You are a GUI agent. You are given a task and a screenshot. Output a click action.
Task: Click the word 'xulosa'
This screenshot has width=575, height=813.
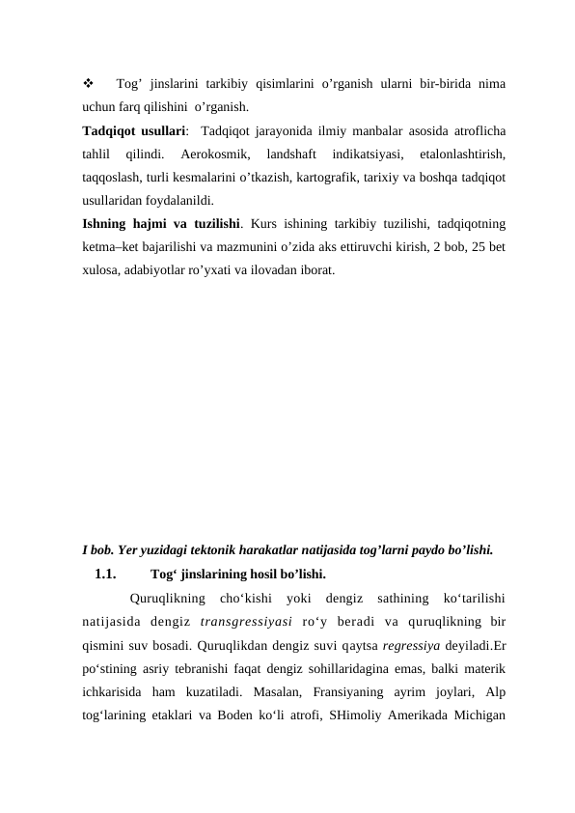click(x=101, y=271)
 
